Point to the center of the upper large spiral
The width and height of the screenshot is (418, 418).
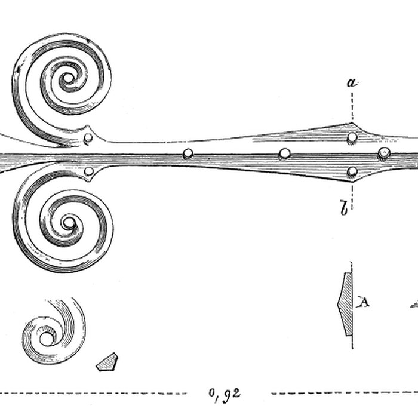tap(69, 78)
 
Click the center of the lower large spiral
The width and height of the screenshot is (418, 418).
tap(69, 225)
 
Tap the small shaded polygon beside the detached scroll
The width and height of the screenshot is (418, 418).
tap(107, 361)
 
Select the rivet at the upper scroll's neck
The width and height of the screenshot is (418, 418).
tap(89, 139)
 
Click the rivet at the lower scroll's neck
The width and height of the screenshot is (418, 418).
tap(89, 172)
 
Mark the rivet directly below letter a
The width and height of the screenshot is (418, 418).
tap(352, 138)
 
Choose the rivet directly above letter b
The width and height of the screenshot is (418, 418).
tap(352, 172)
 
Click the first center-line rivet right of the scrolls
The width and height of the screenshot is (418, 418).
tap(189, 154)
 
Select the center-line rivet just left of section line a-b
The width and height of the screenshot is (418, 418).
tap(285, 153)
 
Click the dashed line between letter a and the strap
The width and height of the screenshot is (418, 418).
tap(352, 107)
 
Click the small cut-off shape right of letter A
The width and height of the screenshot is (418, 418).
tap(414, 305)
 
